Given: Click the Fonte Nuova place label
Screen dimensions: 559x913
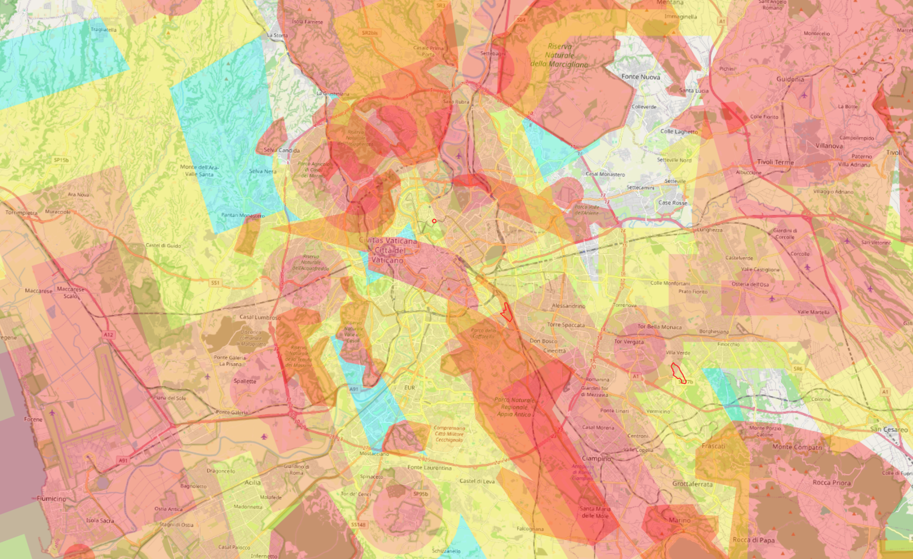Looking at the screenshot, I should [x=641, y=77].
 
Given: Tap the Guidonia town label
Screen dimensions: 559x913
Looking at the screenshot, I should [x=790, y=79].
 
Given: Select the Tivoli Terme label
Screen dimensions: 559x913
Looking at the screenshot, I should [x=775, y=162].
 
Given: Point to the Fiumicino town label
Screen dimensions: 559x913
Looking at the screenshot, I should [x=51, y=499].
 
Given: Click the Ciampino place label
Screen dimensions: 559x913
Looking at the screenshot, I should [x=596, y=458].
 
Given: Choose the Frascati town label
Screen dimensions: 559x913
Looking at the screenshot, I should [x=714, y=446].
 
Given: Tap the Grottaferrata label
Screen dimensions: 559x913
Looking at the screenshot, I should [x=692, y=484].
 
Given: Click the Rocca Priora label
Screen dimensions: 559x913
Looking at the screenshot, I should [x=831, y=483].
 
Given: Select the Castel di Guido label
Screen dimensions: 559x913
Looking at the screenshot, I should [x=163, y=246].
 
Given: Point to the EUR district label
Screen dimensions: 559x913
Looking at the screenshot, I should [x=410, y=388].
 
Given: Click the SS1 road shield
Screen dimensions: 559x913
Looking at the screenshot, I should [x=215, y=283].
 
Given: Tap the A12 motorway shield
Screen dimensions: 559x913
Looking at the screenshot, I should [x=109, y=335].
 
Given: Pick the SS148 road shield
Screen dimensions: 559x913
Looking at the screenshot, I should [x=358, y=525].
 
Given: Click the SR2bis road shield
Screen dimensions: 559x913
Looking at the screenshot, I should [x=369, y=33].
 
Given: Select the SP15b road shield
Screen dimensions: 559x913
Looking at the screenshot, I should [x=61, y=160].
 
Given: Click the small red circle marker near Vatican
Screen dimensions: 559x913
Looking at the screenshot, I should [x=434, y=221].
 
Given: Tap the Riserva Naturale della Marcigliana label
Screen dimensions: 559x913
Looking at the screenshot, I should [x=560, y=55].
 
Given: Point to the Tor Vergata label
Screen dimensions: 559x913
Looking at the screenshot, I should [x=629, y=341].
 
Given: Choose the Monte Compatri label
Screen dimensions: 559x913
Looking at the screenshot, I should [x=797, y=447].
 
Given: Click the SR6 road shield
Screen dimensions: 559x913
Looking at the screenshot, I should [x=798, y=369].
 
